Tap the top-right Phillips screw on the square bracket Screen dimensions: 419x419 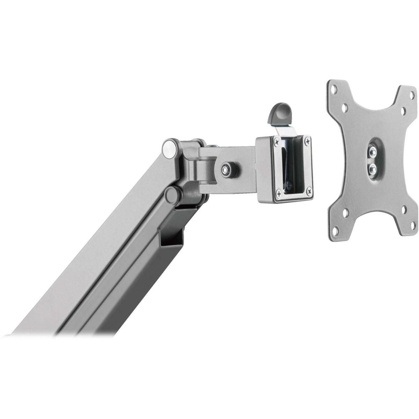coord(307,141)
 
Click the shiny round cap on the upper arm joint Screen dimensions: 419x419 coord(169,148)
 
